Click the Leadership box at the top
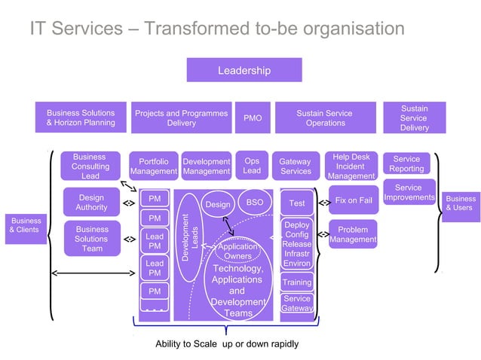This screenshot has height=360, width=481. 244,70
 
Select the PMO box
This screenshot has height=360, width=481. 253,117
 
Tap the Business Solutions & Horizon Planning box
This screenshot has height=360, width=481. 81,117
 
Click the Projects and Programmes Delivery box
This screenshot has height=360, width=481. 181,117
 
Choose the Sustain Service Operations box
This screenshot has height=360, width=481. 325,117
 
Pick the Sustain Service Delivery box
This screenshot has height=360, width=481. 413,117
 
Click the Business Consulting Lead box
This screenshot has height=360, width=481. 90,166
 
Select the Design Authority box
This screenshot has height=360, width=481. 91,202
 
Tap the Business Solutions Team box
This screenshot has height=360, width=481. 92,239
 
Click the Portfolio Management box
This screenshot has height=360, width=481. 153,166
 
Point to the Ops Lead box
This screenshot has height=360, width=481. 252,165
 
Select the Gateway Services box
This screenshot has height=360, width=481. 295,166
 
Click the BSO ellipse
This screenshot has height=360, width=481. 255,203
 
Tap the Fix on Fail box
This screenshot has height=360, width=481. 354,201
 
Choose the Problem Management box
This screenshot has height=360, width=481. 353,234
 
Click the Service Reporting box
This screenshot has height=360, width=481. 406,163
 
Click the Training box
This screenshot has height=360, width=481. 296,282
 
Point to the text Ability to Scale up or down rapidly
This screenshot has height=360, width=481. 227,343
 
